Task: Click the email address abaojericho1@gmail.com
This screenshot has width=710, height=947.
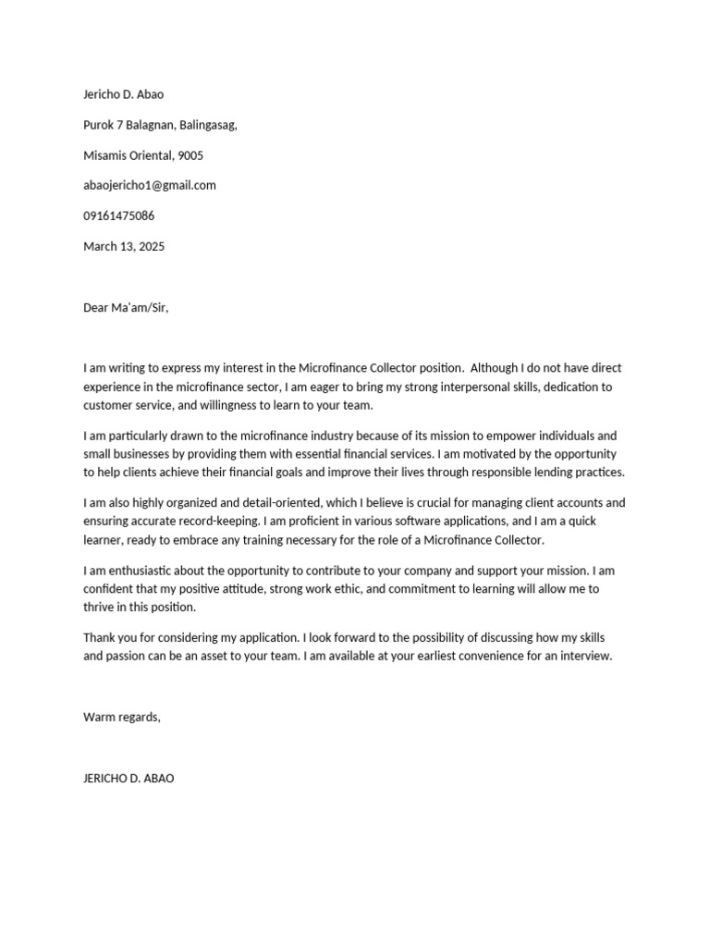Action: pyautogui.click(x=150, y=185)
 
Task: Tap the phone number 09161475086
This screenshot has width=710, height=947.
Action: pyautogui.click(x=119, y=215)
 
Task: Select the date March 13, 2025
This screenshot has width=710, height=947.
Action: pyautogui.click(x=124, y=247)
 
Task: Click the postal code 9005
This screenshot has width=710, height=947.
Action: pyautogui.click(x=190, y=155)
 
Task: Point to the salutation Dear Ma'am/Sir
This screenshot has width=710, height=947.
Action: pyautogui.click(x=126, y=308)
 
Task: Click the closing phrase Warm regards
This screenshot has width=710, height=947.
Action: pyautogui.click(x=122, y=717)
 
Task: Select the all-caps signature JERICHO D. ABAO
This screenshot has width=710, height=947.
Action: pyautogui.click(x=129, y=779)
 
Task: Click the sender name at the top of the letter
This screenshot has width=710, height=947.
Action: pyautogui.click(x=124, y=94)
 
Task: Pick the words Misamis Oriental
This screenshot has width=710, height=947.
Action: pyautogui.click(x=128, y=155)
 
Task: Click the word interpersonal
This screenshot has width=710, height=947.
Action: pyautogui.click(x=432, y=387)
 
